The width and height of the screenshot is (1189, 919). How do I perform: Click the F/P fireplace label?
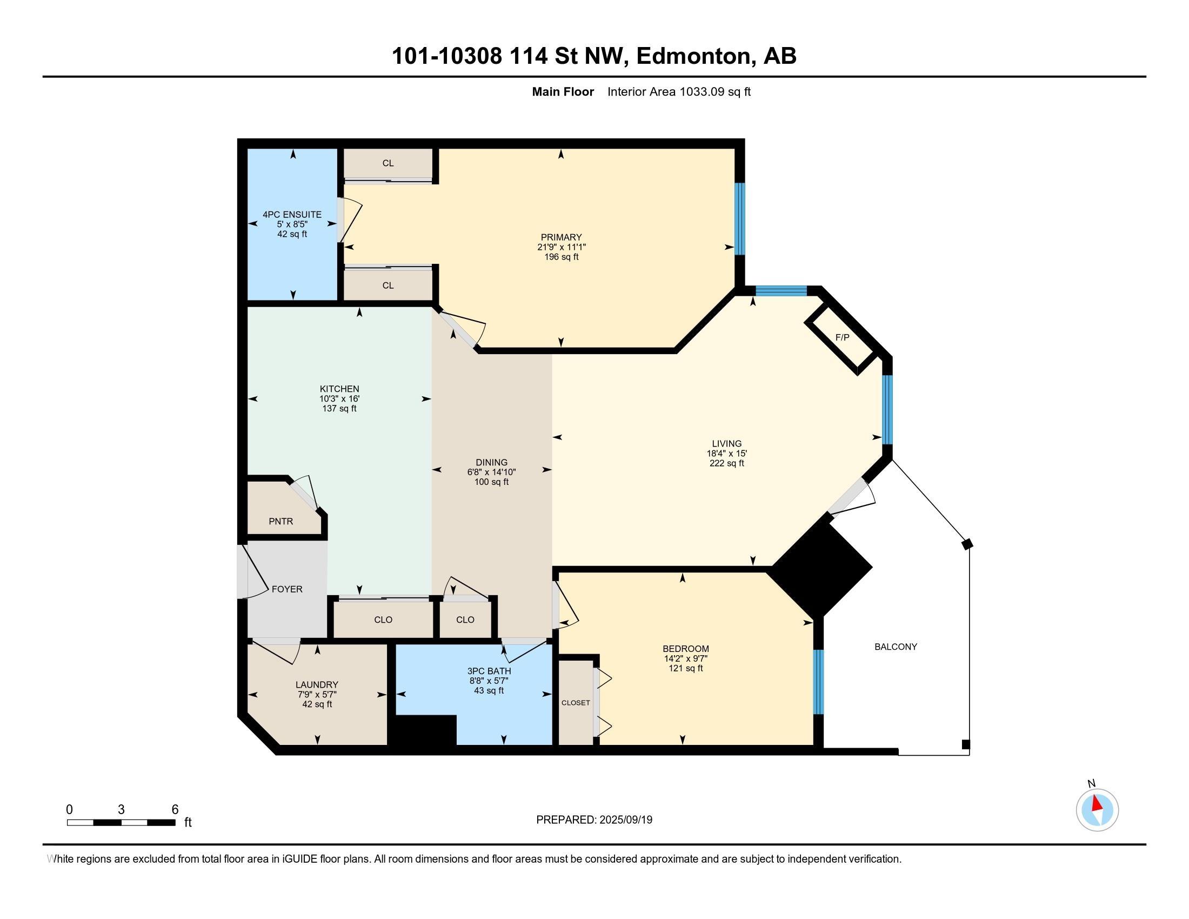point(841,337)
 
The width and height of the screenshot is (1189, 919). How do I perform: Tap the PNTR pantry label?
point(281,522)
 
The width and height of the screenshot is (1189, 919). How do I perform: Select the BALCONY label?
point(896,647)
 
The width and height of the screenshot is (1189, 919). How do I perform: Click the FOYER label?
point(287,589)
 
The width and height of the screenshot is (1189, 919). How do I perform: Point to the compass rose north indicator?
point(1097,810)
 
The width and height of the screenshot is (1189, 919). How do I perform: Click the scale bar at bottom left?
point(121,823)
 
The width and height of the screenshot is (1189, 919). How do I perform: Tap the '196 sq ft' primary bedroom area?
point(562,257)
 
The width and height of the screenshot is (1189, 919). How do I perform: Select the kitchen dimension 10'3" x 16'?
point(339,399)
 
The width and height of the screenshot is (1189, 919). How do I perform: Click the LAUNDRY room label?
point(317,685)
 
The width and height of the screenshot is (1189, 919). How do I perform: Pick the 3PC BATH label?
point(489,671)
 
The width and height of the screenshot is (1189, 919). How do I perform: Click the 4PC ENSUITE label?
point(292,215)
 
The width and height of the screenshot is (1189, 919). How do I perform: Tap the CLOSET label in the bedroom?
point(576,703)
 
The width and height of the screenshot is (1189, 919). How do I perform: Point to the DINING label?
point(492,463)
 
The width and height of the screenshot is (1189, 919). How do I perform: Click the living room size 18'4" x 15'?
point(727,454)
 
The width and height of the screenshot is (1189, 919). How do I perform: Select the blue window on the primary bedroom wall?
point(740,219)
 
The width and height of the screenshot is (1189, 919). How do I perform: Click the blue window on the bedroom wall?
point(818,682)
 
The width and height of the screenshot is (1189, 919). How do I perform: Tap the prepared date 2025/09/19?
point(625,820)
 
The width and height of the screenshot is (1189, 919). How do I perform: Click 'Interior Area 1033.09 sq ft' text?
point(679,92)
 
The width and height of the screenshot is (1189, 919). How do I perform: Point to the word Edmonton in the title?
point(693,56)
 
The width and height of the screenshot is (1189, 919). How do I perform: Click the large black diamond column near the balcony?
point(822,567)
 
